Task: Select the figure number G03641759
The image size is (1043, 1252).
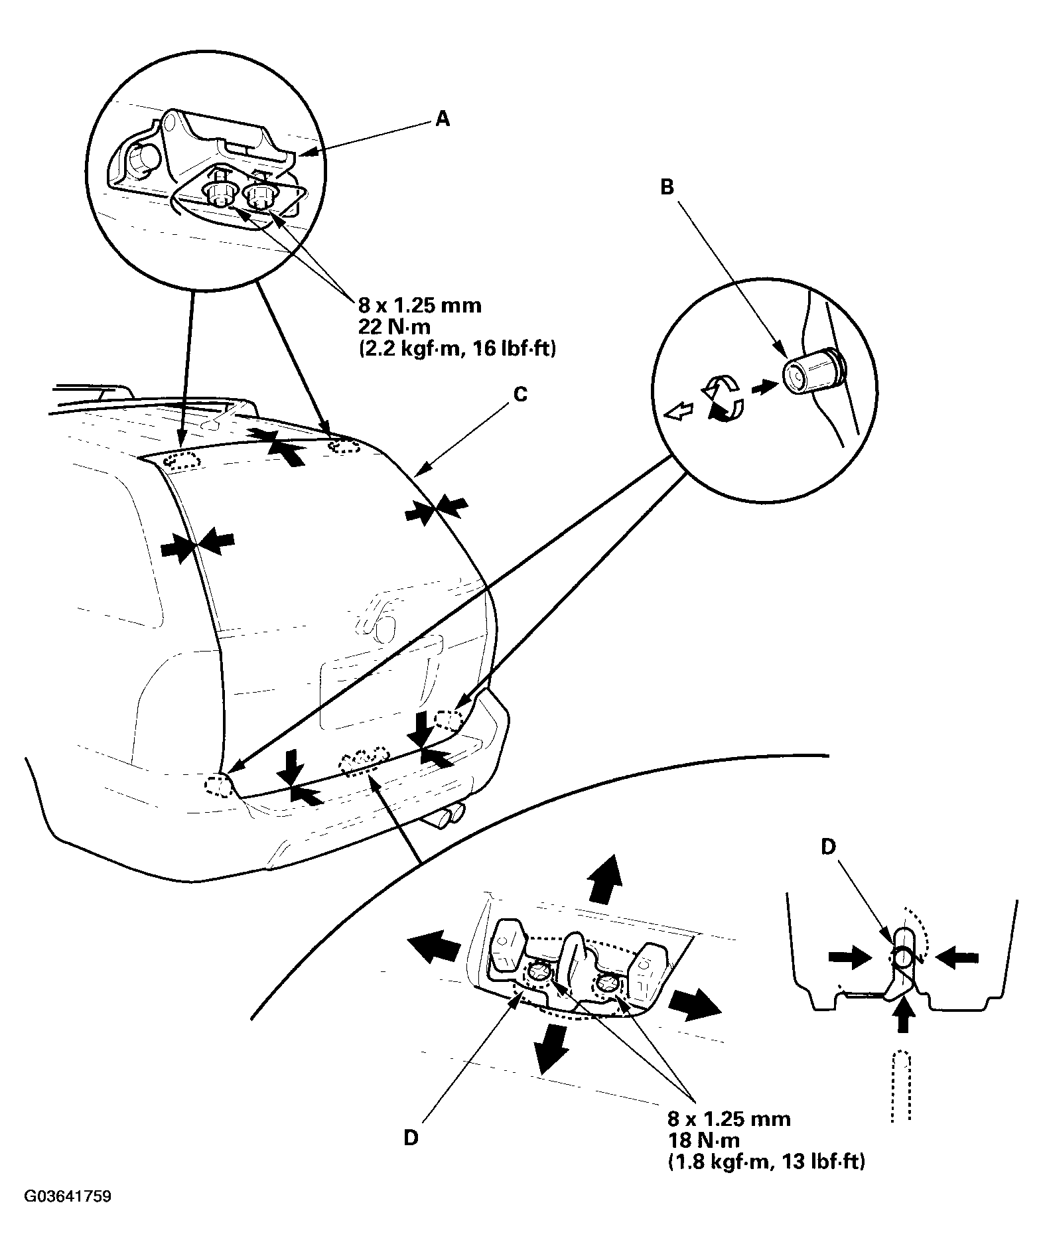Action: pyautogui.click(x=68, y=1197)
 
